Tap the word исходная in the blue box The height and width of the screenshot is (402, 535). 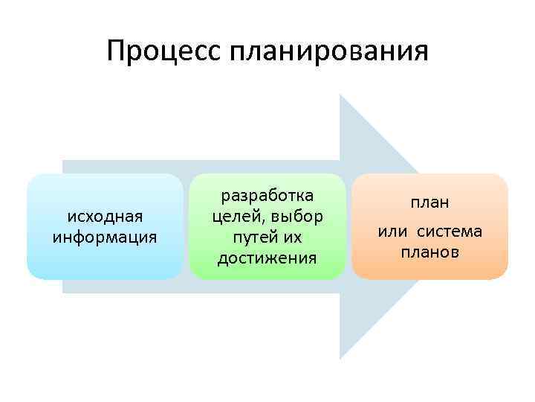105,216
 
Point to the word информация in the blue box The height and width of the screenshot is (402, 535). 105,237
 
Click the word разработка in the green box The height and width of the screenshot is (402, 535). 267,195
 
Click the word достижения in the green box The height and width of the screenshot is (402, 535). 267,258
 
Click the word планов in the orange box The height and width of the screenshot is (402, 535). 430,252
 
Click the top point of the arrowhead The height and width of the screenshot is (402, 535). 340,95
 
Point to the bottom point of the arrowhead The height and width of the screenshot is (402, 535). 340,358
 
